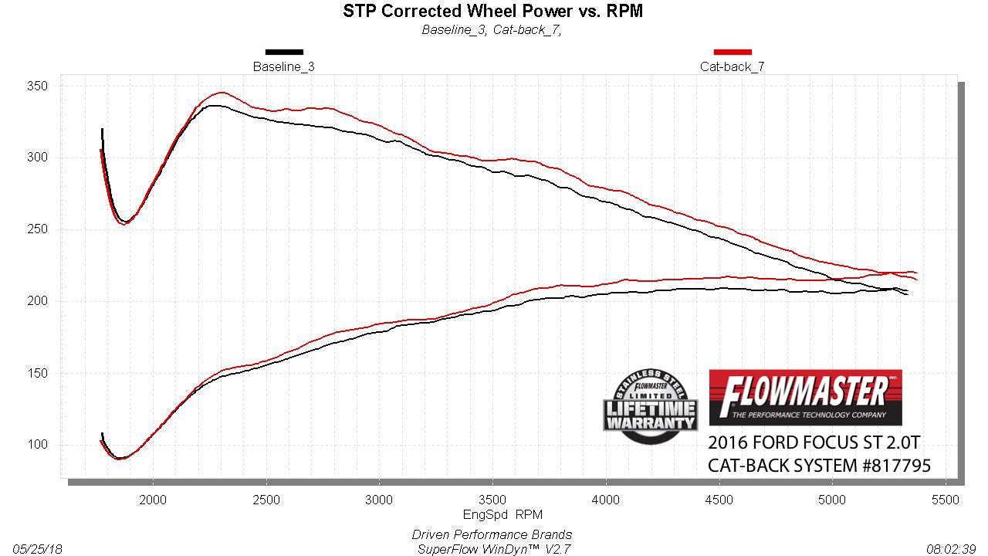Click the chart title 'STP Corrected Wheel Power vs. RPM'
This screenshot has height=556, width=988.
[492, 11]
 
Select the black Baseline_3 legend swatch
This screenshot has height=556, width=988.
[284, 52]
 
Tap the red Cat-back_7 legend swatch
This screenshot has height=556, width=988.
[733, 52]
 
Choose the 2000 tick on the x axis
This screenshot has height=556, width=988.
[153, 500]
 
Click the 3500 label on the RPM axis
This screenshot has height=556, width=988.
[492, 500]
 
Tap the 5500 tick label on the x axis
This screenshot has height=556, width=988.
[945, 500]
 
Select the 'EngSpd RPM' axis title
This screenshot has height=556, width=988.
[492, 514]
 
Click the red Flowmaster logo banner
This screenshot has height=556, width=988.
[805, 396]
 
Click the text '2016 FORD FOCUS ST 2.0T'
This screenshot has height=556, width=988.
[814, 444]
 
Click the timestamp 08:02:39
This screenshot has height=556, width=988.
[952, 549]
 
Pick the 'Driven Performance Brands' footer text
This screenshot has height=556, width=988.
[492, 534]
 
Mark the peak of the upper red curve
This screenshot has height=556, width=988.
[222, 93]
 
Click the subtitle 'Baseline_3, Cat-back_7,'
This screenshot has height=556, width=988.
[491, 30]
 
